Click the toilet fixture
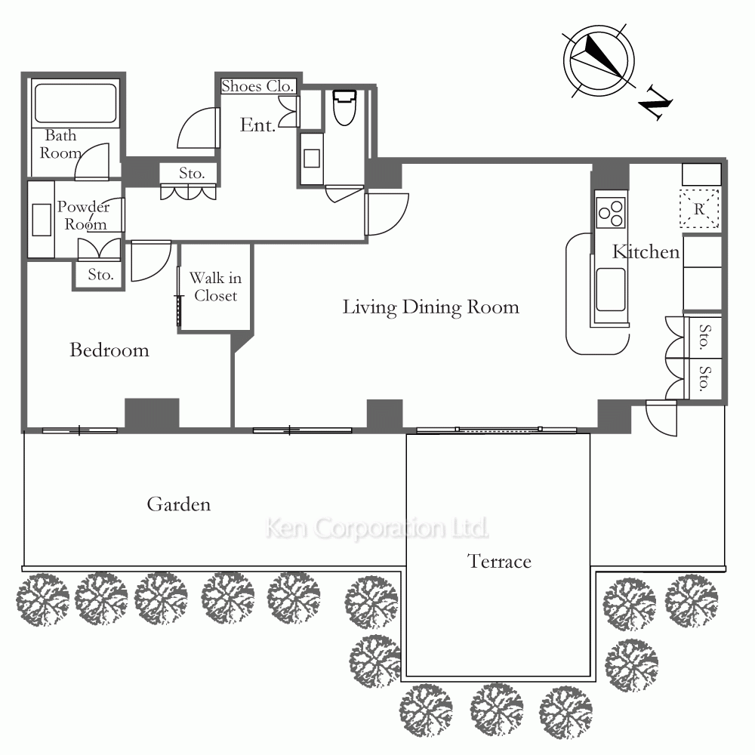(344, 107)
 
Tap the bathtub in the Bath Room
(75, 103)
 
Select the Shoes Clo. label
(257, 86)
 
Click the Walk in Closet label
(215, 286)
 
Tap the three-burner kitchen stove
(610, 212)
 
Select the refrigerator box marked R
(699, 208)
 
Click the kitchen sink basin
(611, 289)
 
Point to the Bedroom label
(109, 350)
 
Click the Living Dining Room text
(431, 307)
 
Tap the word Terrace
(499, 562)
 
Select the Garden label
(179, 504)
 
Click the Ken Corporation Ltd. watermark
(377, 528)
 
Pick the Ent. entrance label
(258, 125)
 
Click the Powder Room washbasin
(42, 220)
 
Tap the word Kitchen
(646, 252)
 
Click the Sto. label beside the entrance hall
(192, 174)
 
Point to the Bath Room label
(60, 144)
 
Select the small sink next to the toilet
(312, 159)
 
